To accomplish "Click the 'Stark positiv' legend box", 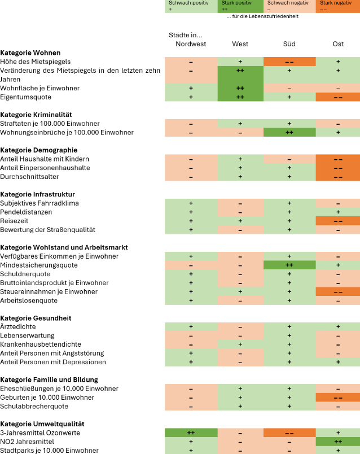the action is (240, 6).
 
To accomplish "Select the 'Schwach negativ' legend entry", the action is (289, 6).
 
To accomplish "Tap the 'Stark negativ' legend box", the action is (338, 6).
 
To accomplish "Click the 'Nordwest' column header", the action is (191, 44).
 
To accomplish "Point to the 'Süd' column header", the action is (289, 44).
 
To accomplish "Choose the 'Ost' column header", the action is (338, 44).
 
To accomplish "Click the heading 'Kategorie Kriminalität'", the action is (36, 115).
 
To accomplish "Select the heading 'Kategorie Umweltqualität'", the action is (42, 424).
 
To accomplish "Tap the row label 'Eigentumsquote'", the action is (25, 97).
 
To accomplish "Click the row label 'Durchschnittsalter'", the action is (29, 177).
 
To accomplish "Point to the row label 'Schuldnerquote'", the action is (25, 274).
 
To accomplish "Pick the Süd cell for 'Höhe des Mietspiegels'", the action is (289, 62).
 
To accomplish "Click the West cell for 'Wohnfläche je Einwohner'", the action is (240, 88).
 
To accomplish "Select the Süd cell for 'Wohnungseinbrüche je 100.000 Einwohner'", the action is (289, 132).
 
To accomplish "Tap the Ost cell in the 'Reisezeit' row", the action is (338, 221).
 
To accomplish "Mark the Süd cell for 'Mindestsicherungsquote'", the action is (289, 265).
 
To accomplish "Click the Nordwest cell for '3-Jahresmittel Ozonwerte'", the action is (191, 433).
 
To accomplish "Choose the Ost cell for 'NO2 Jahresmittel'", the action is (338, 442).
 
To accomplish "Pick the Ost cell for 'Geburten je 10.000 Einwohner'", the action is (338, 398).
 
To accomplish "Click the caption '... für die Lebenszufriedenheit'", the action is (262, 16).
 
